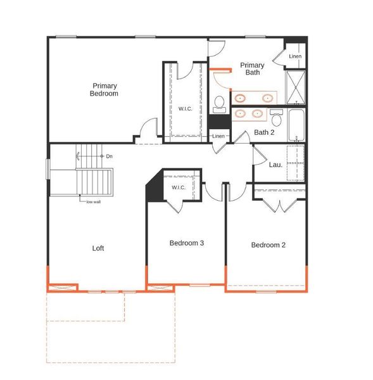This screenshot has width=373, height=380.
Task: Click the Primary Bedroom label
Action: (x=104, y=89)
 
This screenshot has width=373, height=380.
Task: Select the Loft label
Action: (x=98, y=248)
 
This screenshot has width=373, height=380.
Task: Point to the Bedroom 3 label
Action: (x=186, y=243)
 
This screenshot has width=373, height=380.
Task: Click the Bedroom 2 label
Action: (x=268, y=245)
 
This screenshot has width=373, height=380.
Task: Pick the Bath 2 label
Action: (x=264, y=132)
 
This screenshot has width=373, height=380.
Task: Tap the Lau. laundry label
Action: (x=275, y=165)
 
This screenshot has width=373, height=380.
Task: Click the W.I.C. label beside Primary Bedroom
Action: (x=185, y=109)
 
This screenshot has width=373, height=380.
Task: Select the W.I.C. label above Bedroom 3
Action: (x=179, y=187)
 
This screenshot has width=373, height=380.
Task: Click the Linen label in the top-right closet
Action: (x=295, y=56)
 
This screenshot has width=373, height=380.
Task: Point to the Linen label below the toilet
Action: (x=218, y=136)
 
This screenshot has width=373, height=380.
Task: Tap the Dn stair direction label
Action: (x=110, y=156)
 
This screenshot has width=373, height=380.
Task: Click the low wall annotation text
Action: (x=93, y=201)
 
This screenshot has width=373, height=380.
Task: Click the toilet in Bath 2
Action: (x=277, y=118)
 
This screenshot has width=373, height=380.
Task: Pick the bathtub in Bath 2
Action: (x=296, y=125)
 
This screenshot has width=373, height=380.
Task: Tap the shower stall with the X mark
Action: (x=295, y=89)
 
